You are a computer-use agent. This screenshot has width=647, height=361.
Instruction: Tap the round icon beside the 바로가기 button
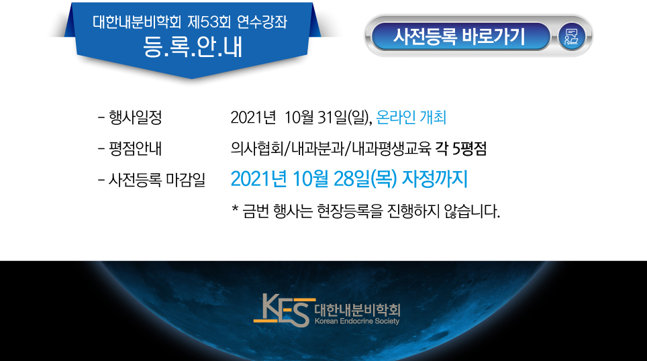571,37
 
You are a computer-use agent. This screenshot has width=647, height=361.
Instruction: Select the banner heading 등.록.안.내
193,47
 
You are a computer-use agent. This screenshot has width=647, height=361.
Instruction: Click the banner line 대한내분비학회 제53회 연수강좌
190,22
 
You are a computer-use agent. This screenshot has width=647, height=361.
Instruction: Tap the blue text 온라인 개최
411,117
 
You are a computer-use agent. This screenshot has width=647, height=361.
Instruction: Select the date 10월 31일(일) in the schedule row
328,117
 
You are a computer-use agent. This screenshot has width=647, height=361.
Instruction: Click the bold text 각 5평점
461,148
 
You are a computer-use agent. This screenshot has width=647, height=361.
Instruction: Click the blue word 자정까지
435,179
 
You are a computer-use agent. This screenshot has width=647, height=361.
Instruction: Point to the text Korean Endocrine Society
357,321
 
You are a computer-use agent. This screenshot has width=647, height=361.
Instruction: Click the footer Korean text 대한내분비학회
357,310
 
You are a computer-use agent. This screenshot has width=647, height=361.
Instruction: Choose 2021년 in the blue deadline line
258,179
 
